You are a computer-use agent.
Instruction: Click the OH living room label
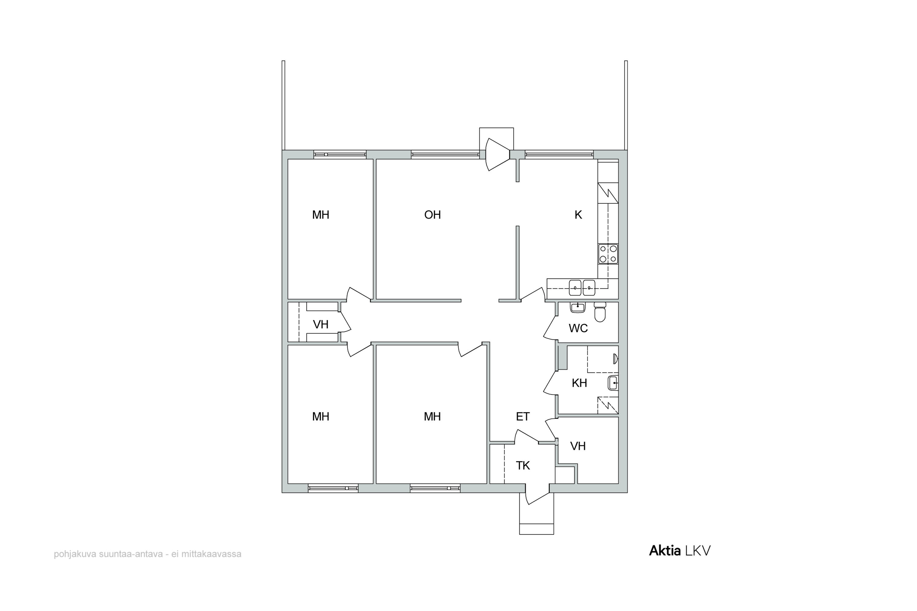tap(433, 215)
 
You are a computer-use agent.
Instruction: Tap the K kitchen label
tap(578, 215)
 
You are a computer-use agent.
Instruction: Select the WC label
tap(578, 328)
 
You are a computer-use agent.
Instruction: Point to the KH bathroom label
tap(579, 383)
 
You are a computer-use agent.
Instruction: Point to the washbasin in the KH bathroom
tap(613, 383)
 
